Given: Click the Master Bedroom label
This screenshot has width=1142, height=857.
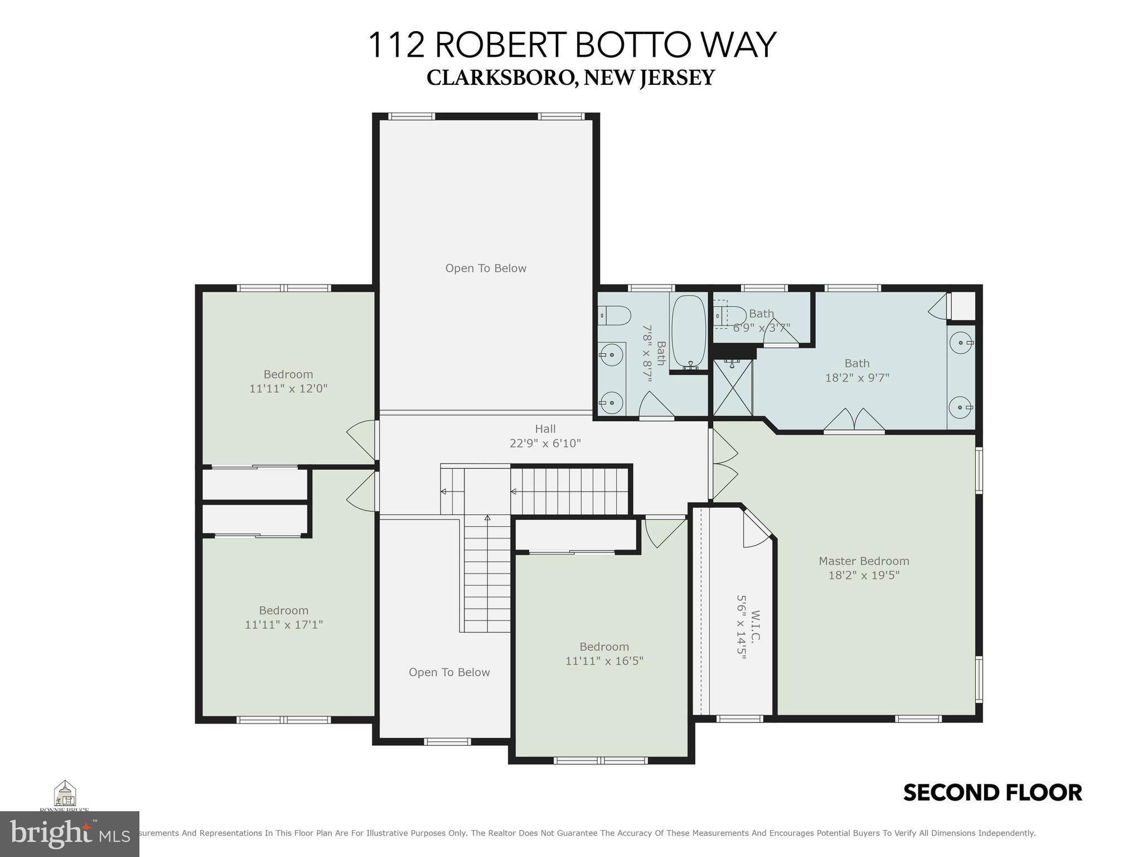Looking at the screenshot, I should pos(863,561).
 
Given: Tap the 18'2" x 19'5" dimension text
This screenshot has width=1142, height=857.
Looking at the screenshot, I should pos(863,575).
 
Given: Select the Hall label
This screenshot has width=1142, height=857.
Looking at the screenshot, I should pos(545,429).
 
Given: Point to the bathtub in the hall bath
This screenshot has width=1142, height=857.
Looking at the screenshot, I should pos(688,332).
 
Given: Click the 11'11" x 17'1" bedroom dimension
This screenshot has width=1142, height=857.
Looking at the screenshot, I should pos(283,625).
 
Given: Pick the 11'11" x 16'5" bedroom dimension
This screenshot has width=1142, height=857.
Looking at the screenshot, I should pos(604,661).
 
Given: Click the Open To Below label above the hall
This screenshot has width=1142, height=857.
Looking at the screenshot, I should pos(485,268).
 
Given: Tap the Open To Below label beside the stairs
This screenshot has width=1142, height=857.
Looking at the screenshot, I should pos(449,672).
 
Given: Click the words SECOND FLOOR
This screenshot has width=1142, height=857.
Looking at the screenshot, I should pos(992,793).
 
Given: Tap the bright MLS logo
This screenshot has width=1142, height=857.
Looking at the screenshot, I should pos(69,834).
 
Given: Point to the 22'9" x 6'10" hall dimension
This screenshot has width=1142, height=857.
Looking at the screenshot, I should pos(545,444).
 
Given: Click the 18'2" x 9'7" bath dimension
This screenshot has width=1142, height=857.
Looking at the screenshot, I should pos(856,378).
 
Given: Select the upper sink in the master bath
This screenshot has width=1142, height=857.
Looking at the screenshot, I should pos(960,342).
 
